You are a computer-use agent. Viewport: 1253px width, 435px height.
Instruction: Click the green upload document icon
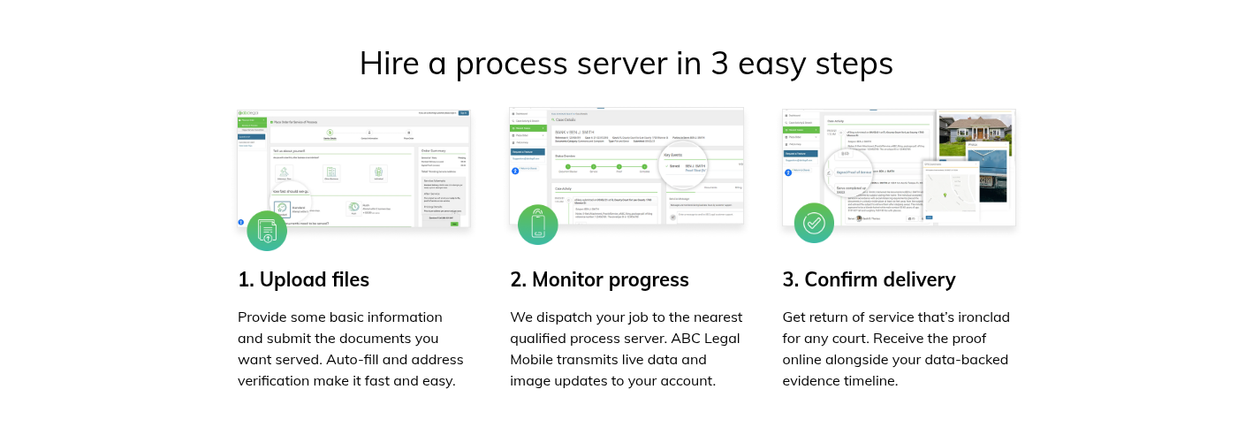(267, 231)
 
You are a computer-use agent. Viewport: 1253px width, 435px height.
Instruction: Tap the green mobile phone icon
(538, 224)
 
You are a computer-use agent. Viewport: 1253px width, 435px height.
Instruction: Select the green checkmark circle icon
(814, 223)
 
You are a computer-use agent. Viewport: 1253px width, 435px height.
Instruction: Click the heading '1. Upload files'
(303, 280)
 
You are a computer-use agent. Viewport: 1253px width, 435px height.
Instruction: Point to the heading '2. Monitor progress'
(599, 280)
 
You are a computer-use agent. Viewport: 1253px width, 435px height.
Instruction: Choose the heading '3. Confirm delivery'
(869, 280)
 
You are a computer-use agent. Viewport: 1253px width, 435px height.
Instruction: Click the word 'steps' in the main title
(854, 65)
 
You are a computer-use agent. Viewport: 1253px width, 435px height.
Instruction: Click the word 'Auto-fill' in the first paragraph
(356, 360)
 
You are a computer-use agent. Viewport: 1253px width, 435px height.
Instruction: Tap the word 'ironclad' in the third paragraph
(980, 317)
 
